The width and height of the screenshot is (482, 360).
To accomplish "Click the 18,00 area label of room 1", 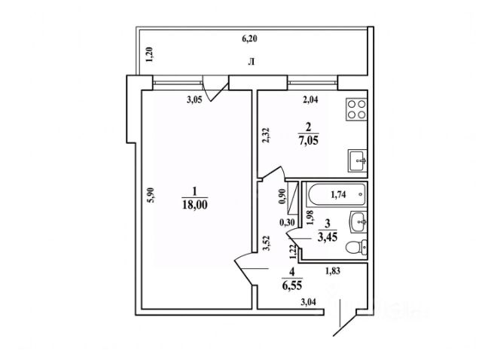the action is pyautogui.click(x=195, y=205).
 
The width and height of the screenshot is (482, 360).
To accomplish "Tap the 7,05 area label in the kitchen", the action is pyautogui.click(x=308, y=141).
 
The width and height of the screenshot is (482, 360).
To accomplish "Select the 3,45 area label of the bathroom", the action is pyautogui.click(x=328, y=237).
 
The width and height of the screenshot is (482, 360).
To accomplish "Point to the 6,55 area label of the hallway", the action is pyautogui.click(x=292, y=285).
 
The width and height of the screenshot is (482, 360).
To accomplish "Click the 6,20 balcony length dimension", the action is pyautogui.click(x=249, y=38).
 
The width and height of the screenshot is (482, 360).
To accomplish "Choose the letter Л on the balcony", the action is pyautogui.click(x=251, y=63).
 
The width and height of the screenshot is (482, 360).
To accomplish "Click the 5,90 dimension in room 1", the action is pyautogui.click(x=152, y=195).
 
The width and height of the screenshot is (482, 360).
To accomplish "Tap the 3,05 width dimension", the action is pyautogui.click(x=194, y=100).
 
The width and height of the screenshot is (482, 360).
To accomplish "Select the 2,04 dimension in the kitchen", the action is pyautogui.click(x=310, y=99).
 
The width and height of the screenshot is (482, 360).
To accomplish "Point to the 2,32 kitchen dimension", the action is pyautogui.click(x=266, y=135).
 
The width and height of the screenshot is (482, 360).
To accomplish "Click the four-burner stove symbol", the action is pyautogui.click(x=356, y=109).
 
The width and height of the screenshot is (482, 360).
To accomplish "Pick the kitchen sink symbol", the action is pyautogui.click(x=358, y=160).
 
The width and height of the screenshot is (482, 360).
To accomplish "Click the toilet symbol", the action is pyautogui.click(x=356, y=247).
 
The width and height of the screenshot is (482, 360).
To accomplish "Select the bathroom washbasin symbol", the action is pyautogui.click(x=358, y=222).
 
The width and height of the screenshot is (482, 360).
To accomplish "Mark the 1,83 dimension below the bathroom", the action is pyautogui.click(x=333, y=271).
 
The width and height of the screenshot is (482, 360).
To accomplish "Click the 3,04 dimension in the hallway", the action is pyautogui.click(x=308, y=303).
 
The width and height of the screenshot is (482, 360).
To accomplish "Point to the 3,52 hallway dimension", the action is pyautogui.click(x=267, y=243).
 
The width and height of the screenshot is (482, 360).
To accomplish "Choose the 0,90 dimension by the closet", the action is pyautogui.click(x=282, y=196).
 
